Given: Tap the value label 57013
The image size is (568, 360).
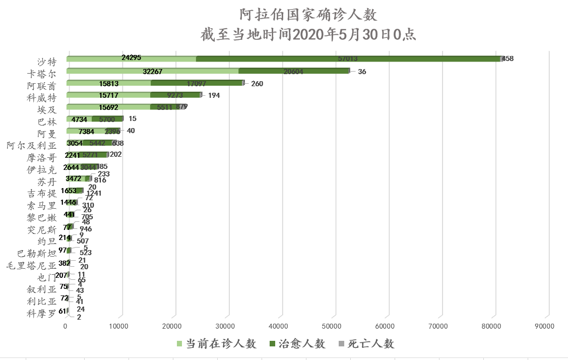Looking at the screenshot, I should [x=348, y=59].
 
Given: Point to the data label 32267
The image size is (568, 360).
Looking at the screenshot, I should [x=153, y=71].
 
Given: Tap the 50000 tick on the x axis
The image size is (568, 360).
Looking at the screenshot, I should [x=333, y=327].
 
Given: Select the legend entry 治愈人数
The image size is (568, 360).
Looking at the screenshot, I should [x=297, y=344].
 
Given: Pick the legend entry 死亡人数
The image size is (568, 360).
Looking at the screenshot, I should [x=366, y=344].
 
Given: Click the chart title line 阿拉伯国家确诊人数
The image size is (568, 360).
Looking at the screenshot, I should [x=308, y=15].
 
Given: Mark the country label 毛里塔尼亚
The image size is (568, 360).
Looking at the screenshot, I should [x=31, y=265].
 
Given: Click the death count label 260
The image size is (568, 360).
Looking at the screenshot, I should [x=257, y=84].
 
